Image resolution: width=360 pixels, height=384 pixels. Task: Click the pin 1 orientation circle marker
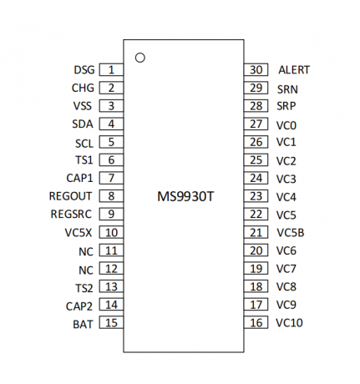click(x=139, y=54)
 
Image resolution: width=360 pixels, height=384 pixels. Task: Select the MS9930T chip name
click(x=185, y=196)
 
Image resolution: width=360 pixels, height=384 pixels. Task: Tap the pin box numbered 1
click(x=111, y=69)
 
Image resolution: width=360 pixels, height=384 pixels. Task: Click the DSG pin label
click(x=84, y=70)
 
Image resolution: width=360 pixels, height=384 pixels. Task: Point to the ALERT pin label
click(x=294, y=70)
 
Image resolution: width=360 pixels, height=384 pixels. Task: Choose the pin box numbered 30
click(x=256, y=69)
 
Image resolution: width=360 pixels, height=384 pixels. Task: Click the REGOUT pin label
click(x=70, y=196)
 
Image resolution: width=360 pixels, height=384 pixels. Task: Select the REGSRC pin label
click(x=71, y=215)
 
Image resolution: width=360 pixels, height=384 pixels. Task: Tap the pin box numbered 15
click(x=111, y=322)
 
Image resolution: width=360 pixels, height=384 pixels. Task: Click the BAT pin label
click(x=83, y=325)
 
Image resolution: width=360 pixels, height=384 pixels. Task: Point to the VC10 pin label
click(x=289, y=323)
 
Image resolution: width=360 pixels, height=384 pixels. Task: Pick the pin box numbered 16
click(x=256, y=322)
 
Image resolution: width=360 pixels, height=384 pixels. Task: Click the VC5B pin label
click(x=291, y=233)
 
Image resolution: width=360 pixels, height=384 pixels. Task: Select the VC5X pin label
click(x=79, y=233)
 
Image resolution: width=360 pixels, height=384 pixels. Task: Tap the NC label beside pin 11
click(x=86, y=252)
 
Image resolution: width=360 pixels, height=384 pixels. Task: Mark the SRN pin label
click(x=287, y=89)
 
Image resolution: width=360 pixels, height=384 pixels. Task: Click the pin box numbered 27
click(x=256, y=124)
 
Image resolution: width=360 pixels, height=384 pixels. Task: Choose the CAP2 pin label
click(x=79, y=306)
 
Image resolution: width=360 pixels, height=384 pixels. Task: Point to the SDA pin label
click(x=83, y=124)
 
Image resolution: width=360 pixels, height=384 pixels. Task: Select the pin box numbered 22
click(x=256, y=214)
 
